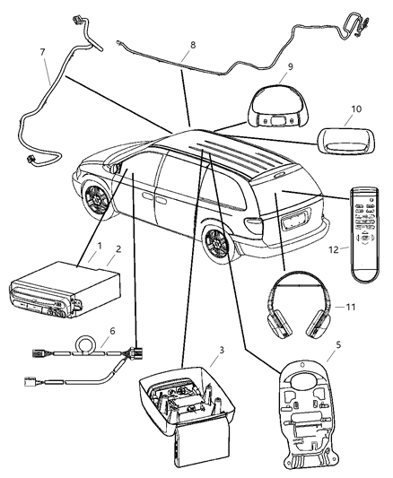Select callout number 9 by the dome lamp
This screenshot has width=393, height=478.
(291, 65)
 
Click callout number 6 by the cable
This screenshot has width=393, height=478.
(110, 330)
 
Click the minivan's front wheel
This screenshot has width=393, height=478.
(97, 203)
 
